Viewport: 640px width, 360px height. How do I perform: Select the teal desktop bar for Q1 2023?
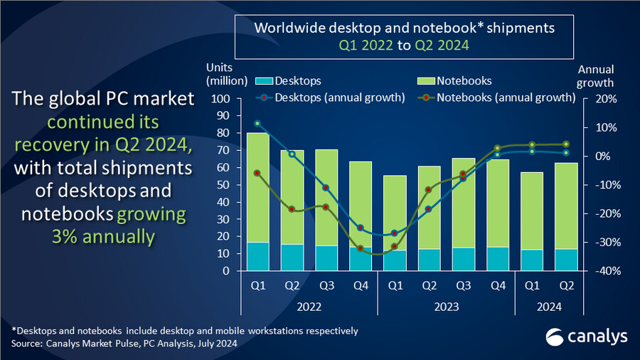(395, 260)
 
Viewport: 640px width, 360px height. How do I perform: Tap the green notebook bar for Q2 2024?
(566, 206)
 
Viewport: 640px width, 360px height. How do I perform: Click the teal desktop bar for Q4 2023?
(497, 259)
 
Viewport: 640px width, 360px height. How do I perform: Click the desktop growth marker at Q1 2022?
(257, 123)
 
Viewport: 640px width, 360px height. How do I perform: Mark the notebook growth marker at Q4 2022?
(361, 248)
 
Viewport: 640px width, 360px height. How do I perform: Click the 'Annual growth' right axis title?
(596, 75)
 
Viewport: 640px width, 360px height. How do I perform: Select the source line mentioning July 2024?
(124, 344)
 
